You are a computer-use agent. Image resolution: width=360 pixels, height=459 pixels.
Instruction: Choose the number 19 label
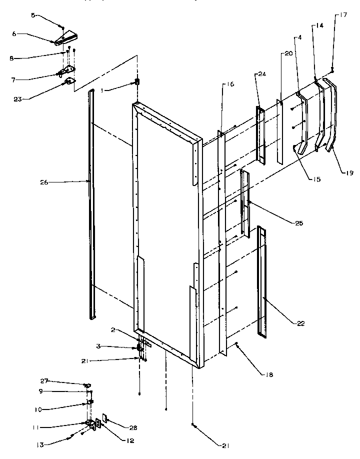[x=348, y=173]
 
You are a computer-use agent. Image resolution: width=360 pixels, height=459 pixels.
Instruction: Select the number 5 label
[x=33, y=15]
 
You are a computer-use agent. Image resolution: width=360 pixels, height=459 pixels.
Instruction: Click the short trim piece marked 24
[x=260, y=134]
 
